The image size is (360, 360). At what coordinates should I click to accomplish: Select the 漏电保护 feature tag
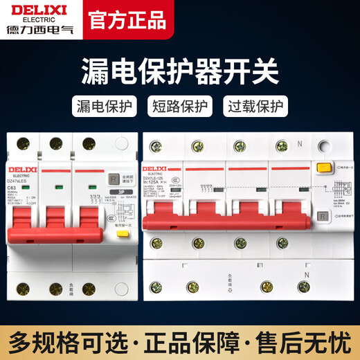pos(104,108)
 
